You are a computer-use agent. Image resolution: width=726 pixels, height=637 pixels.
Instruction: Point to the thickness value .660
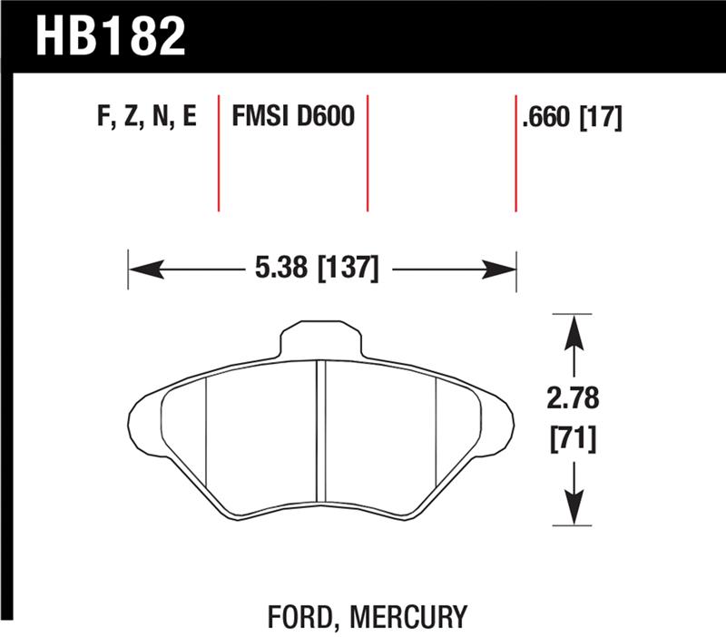pyautogui.click(x=548, y=117)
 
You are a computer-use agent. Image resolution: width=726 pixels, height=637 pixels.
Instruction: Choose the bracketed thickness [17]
pyautogui.click(x=601, y=117)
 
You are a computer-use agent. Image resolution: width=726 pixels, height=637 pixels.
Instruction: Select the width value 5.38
pyautogui.click(x=274, y=269)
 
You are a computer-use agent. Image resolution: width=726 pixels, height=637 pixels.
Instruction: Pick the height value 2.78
pyautogui.click(x=574, y=399)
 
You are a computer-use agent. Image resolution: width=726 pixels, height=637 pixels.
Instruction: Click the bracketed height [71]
pyautogui.click(x=574, y=442)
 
